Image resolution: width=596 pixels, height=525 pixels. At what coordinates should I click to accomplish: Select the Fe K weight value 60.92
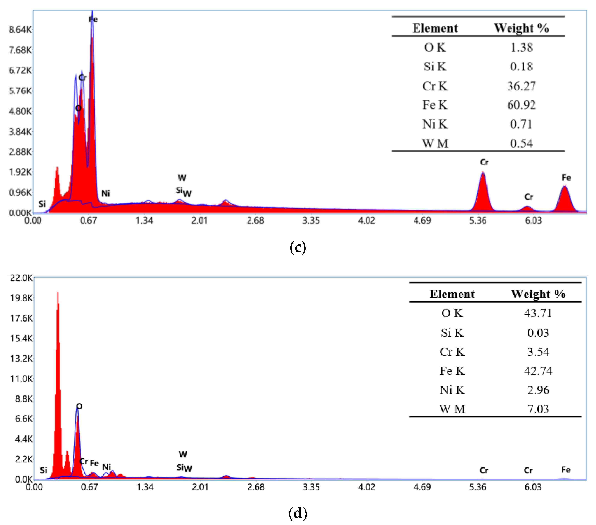click(521, 105)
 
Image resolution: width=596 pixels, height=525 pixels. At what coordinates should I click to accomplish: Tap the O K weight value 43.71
click(538, 313)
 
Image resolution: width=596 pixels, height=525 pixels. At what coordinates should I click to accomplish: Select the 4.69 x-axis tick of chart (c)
click(422, 221)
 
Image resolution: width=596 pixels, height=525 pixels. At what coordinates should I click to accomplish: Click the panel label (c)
click(298, 247)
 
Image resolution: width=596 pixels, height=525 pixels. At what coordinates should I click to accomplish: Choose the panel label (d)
click(298, 513)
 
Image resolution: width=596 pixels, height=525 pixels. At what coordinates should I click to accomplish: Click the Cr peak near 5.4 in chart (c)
click(483, 175)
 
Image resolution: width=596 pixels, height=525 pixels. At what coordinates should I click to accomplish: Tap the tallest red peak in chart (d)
click(58, 295)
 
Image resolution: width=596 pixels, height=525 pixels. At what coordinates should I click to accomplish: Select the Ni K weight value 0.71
click(521, 124)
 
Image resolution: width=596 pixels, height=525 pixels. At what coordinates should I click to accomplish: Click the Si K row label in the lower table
click(452, 333)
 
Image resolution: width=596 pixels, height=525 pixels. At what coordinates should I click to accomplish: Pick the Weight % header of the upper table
click(521, 28)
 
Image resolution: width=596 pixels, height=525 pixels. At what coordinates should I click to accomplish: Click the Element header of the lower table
click(452, 294)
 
